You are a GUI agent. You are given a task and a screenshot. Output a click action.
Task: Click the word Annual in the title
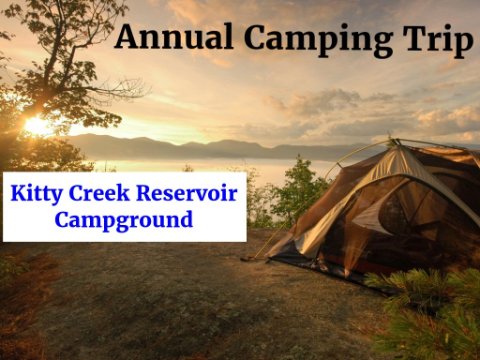point(174,36)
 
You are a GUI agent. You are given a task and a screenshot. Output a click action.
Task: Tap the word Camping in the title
point(318,40)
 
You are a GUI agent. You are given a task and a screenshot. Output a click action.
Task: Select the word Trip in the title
point(438,40)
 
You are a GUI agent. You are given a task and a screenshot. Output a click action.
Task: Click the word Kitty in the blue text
point(36,194)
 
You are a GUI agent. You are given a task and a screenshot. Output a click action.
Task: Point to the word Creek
point(99,193)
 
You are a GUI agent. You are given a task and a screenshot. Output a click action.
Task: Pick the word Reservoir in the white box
point(187,193)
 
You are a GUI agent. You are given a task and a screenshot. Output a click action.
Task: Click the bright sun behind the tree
point(37,126)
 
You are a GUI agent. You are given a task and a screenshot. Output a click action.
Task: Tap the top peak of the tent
point(396,142)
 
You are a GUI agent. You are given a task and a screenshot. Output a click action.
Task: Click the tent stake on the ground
point(248,258)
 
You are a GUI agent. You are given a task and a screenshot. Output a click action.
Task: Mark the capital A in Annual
point(126,37)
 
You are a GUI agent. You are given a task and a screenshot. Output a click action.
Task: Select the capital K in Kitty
point(18,193)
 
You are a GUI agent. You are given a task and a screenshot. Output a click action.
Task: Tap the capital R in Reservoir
point(144,193)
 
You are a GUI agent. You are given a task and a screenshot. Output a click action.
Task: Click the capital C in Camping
point(256,37)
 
